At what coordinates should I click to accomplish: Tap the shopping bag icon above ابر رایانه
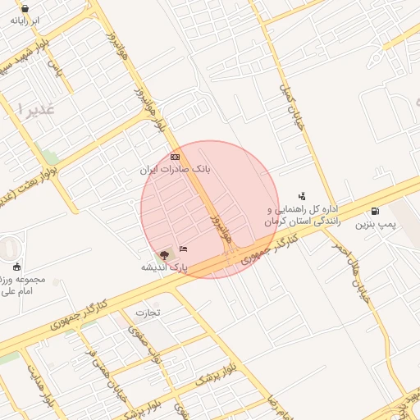pyautogui.click(x=25, y=9)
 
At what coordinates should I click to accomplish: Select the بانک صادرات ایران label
pyautogui.click(x=173, y=168)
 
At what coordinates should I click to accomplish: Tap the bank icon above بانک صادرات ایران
pyautogui.click(x=174, y=156)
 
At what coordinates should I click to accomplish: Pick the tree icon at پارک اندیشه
pyautogui.click(x=162, y=254)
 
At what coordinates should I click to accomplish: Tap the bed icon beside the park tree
pyautogui.click(x=183, y=249)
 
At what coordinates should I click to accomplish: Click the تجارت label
pyautogui.click(x=148, y=313)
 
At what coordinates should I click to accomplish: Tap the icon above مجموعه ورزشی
pyautogui.click(x=17, y=266)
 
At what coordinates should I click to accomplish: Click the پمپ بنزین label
pyautogui.click(x=376, y=223)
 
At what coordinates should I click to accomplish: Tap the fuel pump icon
pyautogui.click(x=376, y=211)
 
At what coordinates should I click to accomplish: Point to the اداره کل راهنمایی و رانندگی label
pyautogui.click(x=302, y=216)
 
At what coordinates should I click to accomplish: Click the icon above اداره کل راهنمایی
pyautogui.click(x=302, y=196)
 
